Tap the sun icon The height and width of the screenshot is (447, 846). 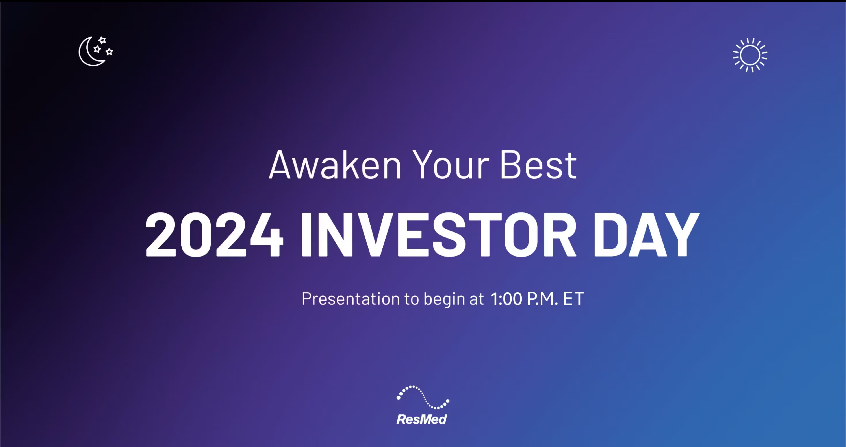point(750,55)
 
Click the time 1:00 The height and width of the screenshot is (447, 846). point(506,299)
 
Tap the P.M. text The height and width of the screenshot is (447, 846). point(542,299)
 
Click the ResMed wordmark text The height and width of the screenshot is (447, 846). point(422,419)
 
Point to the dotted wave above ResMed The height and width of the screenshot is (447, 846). point(423,397)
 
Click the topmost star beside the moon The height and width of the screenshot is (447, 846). point(102,40)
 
